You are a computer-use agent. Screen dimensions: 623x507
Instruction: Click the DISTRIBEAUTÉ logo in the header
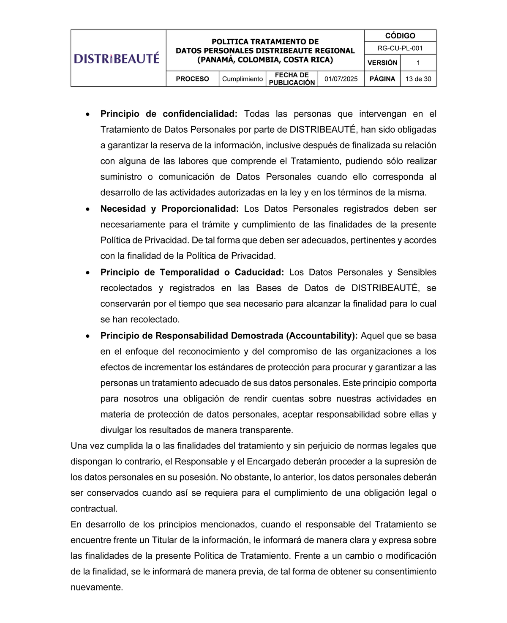(x=117, y=58)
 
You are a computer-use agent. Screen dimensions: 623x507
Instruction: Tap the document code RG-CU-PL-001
(x=400, y=48)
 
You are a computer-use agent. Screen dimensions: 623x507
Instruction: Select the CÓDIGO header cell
(x=400, y=36)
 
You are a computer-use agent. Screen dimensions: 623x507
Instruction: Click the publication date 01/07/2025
(x=341, y=79)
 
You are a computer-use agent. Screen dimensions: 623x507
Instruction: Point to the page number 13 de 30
(x=418, y=79)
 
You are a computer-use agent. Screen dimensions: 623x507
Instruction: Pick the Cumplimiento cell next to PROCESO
(x=243, y=79)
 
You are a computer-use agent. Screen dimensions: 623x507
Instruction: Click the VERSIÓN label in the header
(x=382, y=63)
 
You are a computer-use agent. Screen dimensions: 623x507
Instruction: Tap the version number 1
(x=418, y=63)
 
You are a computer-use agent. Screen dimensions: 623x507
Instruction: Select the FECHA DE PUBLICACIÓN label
(x=292, y=79)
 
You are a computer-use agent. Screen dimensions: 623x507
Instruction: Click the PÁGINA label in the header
(x=382, y=79)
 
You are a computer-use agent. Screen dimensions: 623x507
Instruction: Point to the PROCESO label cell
(x=192, y=79)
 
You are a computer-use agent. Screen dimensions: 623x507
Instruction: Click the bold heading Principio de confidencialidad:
(x=169, y=114)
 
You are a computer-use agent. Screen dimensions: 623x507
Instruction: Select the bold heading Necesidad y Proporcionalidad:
(x=169, y=209)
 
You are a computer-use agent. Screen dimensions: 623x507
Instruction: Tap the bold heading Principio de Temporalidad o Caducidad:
(x=192, y=272)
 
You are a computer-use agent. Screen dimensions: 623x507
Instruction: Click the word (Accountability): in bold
(x=322, y=336)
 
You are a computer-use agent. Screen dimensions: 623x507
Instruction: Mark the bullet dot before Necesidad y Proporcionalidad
(x=87, y=209)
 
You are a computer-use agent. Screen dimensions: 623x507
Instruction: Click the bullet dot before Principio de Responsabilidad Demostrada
(x=87, y=336)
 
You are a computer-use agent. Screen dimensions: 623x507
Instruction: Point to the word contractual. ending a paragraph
(x=94, y=509)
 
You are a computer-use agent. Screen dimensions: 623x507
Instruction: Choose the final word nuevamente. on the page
(x=97, y=587)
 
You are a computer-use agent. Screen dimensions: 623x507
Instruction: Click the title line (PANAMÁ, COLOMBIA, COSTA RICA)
(x=265, y=60)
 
